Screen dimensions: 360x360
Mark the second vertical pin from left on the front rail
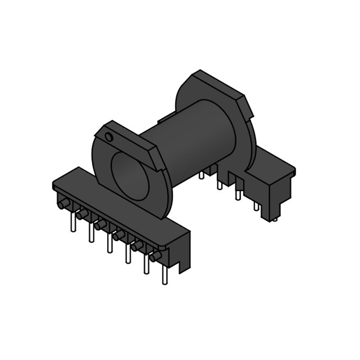pos(91,233)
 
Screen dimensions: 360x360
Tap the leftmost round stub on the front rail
pos(63,205)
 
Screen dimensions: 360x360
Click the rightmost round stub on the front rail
pos(156,257)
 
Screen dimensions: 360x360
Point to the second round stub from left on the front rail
pos(81,216)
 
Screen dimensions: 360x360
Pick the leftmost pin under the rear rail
pos(202,175)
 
